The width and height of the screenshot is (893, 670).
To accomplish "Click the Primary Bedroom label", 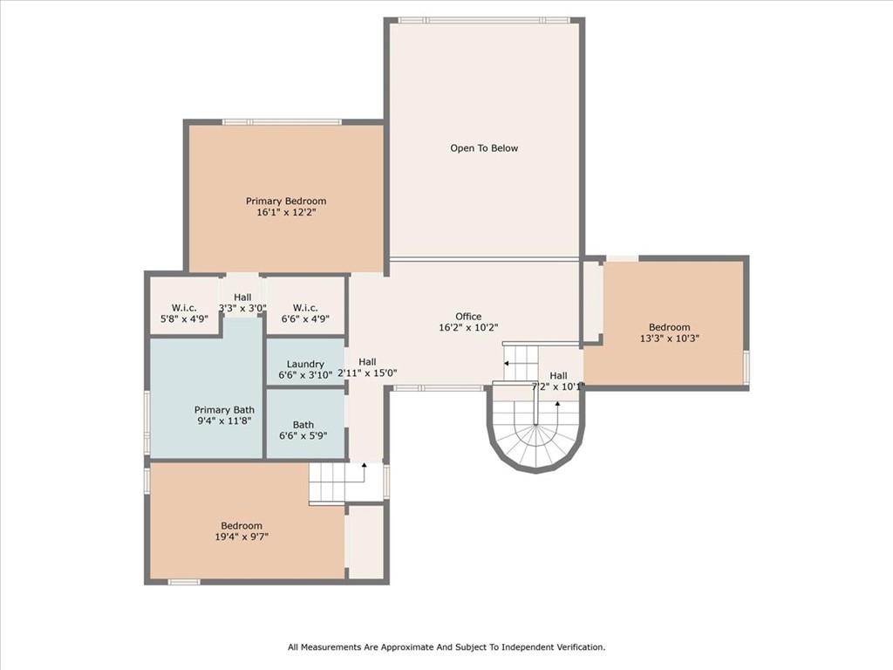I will [x=285, y=201].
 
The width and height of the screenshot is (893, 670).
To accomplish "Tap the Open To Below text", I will [x=484, y=148].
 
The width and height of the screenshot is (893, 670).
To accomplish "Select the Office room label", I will [x=468, y=317].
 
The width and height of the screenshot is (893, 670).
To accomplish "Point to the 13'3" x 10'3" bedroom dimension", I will [x=669, y=338].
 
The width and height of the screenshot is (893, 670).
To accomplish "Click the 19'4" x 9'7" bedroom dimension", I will [x=242, y=537].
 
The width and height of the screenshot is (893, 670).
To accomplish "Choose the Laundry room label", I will [x=305, y=364].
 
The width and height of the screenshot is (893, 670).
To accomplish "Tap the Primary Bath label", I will [x=224, y=410].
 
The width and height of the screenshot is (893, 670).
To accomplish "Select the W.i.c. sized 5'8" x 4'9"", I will [x=184, y=319].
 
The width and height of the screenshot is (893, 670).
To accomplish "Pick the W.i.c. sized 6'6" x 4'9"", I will [x=305, y=319].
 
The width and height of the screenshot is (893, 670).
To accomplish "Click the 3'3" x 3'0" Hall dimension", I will [x=242, y=308].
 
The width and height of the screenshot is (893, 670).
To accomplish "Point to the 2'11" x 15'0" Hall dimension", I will [x=367, y=373].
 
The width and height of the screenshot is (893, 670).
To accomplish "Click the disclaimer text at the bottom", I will [x=446, y=647].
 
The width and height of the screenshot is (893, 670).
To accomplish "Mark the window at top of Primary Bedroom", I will [x=282, y=122].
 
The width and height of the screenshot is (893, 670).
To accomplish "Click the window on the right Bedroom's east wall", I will [x=746, y=367].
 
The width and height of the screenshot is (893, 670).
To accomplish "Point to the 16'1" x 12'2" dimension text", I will [x=285, y=212].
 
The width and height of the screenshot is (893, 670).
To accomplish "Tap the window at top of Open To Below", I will [x=484, y=20].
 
